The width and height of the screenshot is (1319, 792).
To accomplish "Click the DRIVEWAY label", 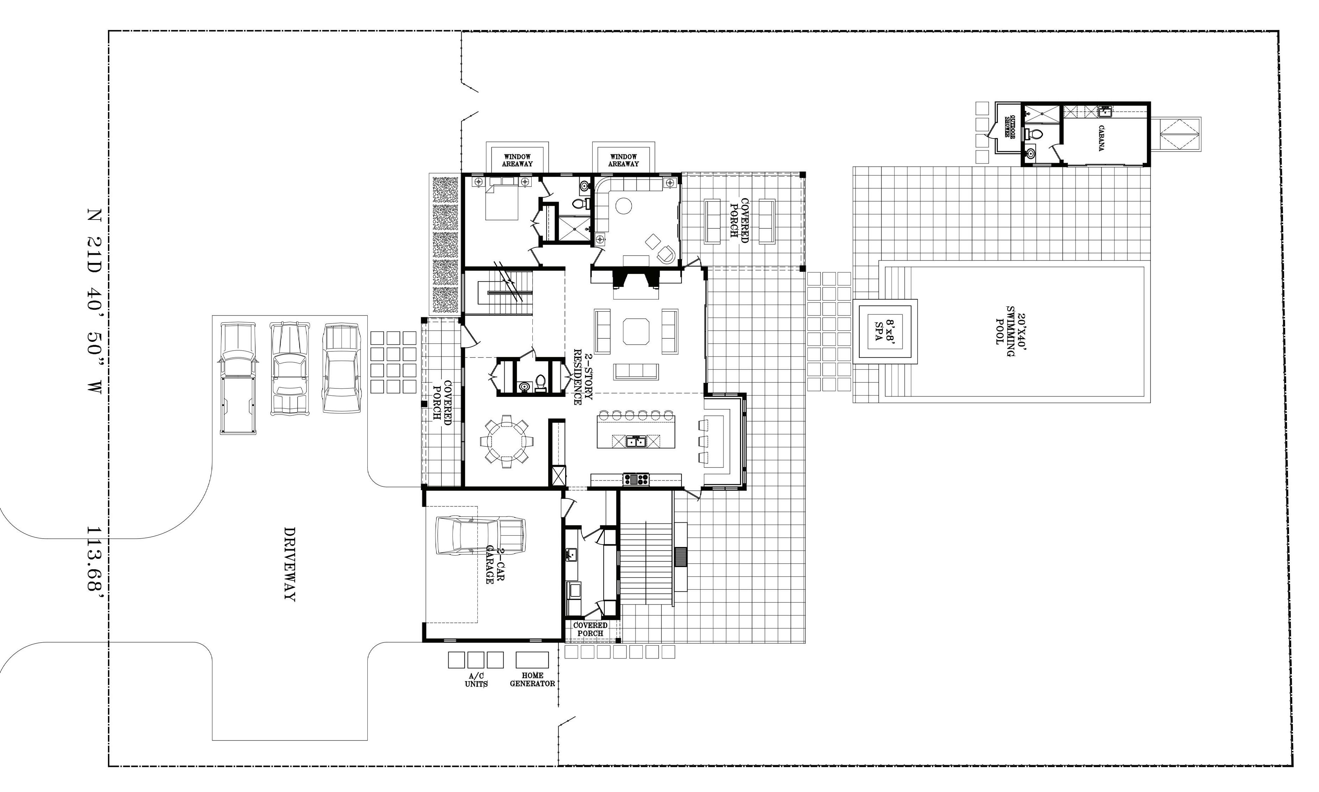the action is [289, 564].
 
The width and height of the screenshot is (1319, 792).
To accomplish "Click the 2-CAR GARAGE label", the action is [495, 565].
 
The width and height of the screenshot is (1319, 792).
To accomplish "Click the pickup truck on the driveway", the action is [238, 377].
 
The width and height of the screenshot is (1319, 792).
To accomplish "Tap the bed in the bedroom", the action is [501, 198].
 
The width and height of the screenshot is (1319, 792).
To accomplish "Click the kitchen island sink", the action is [636, 441].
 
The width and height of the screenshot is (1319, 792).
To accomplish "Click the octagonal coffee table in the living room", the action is [636, 331].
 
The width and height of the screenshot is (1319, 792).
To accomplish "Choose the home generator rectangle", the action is [532, 659].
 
